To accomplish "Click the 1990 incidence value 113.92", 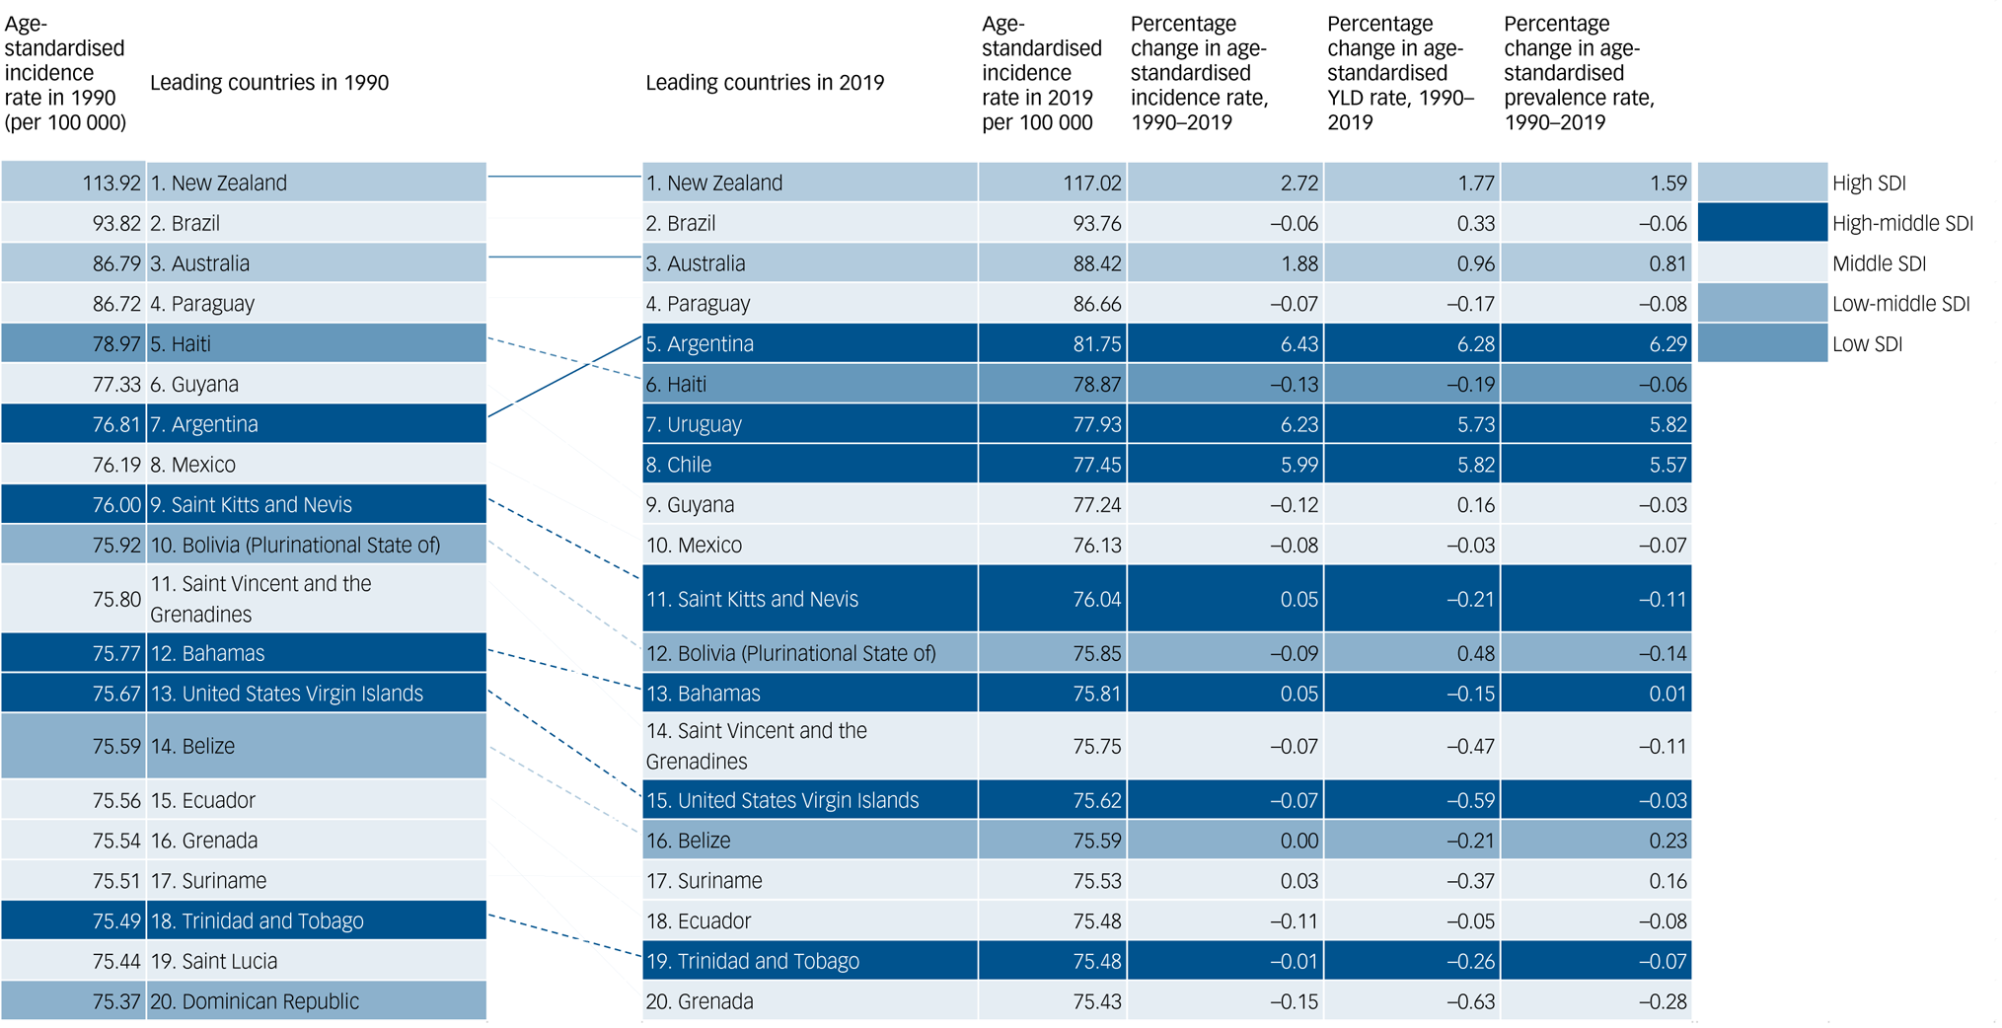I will pyautogui.click(x=111, y=184).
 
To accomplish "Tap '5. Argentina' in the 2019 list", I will pyautogui.click(x=700, y=344).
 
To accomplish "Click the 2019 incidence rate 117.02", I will pyautogui.click(x=1091, y=184).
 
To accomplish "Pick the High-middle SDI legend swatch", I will pyautogui.click(x=1761, y=223).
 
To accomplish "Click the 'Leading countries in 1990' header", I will pyautogui.click(x=269, y=83).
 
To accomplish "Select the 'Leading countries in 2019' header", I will pyautogui.click(x=765, y=83).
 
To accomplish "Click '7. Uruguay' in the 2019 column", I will pyautogui.click(x=694, y=424).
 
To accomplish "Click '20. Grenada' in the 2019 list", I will pyautogui.click(x=700, y=1001).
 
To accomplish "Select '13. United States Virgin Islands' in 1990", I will pyautogui.click(x=286, y=694).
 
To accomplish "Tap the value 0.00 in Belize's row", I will pyautogui.click(x=1298, y=841).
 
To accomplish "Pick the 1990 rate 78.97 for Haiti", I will pyautogui.click(x=116, y=344).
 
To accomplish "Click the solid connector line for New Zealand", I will pyautogui.click(x=564, y=177).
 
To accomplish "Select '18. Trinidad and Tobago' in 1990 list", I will pyautogui.click(x=257, y=921).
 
